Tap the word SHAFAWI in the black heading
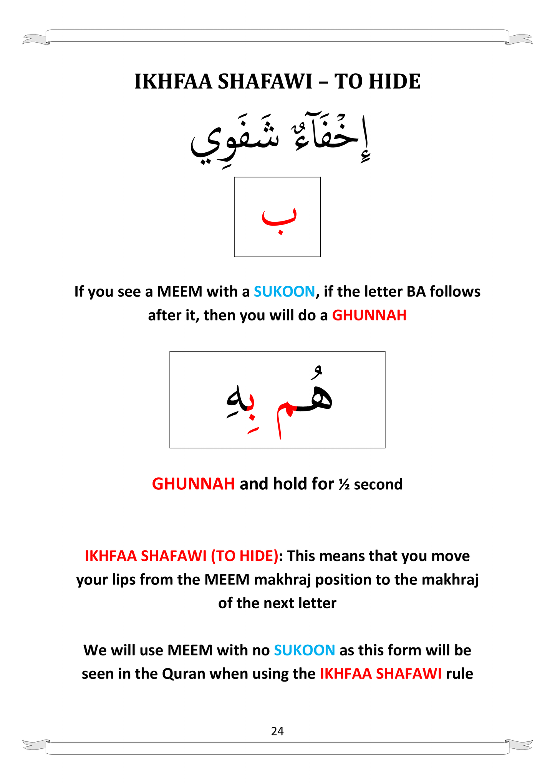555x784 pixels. pos(265,82)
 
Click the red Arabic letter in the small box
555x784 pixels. pos(279,218)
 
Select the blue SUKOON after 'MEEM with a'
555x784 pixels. pos(284,292)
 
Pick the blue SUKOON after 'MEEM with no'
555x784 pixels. pos(304,650)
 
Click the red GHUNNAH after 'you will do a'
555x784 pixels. pos(369,315)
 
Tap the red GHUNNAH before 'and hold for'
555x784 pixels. pos(193,484)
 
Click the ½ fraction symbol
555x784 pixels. pos(344,485)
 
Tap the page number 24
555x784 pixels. pos(277,731)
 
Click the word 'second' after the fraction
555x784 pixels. pos(378,484)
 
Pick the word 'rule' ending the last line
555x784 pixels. pos(459,674)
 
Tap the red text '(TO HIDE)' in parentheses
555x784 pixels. pos(244,556)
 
